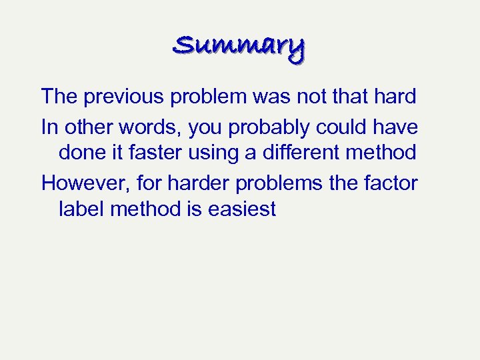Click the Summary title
239,47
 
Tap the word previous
125,97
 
